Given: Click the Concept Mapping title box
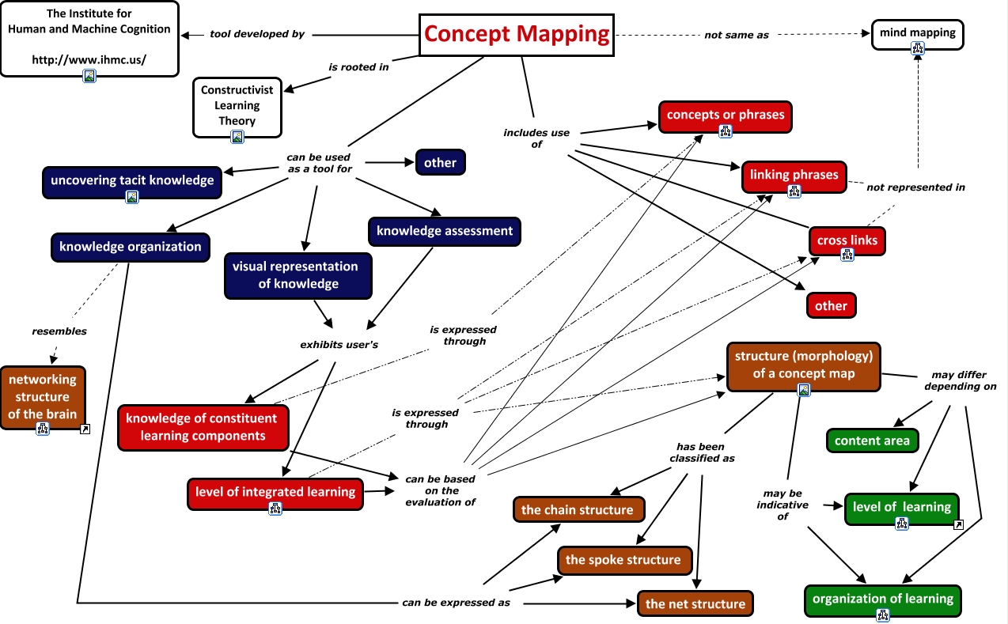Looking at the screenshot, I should click(517, 35).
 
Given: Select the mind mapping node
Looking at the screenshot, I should click(917, 32).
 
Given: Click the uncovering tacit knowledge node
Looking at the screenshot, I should click(132, 180).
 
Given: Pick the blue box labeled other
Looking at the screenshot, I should click(440, 163).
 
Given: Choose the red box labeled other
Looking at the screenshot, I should click(831, 305).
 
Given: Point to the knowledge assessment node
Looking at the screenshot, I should click(445, 231).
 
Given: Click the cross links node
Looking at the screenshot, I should click(847, 240).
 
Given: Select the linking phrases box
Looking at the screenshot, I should click(794, 175).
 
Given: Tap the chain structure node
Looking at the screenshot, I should click(578, 510).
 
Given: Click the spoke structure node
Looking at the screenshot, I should click(623, 560).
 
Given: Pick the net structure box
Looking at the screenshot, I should click(695, 603).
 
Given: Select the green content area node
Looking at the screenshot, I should click(872, 441).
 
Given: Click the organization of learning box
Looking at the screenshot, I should click(882, 599).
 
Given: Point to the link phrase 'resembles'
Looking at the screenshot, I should click(59, 331).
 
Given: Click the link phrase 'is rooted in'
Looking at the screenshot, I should click(358, 67).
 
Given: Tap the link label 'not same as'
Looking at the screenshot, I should click(737, 35).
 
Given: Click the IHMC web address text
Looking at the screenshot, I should click(89, 59).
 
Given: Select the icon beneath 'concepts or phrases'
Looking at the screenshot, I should click(725, 131).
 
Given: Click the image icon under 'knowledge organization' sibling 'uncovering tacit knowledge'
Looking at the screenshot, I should click(132, 197).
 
